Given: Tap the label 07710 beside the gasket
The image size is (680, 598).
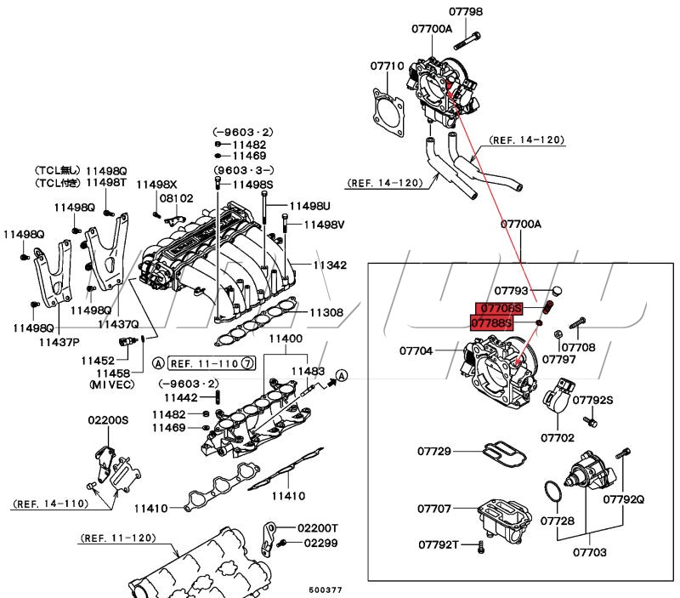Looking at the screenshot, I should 386,65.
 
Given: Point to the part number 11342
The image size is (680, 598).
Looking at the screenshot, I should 330,265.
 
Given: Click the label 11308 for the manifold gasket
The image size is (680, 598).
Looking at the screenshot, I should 326,312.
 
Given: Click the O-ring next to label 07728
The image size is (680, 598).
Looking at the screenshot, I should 552,492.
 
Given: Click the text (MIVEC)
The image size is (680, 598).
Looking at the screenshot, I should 112,384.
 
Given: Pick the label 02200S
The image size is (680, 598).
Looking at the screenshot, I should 108,420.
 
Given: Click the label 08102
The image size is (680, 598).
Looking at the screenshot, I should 177,197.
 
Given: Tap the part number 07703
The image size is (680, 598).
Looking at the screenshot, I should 589,552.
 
